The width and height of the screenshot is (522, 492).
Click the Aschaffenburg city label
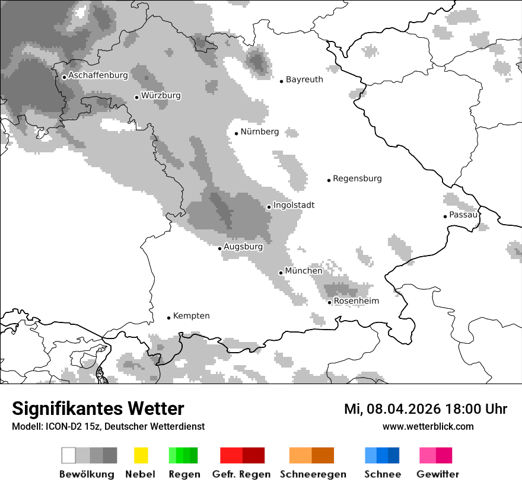pos(98,76)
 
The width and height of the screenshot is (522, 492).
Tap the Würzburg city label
pos(161,96)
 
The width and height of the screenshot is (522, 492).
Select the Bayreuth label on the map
pos(304,79)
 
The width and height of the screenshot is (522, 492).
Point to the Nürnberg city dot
pos(236,133)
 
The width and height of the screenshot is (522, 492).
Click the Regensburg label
pos(357,178)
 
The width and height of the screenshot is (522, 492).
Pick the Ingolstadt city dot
pos(269,207)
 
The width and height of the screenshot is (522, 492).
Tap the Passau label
pos(463,215)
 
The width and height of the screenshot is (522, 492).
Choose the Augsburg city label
pos(243,247)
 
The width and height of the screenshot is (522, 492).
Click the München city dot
pos(281,273)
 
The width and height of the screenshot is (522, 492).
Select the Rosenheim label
pos(356,301)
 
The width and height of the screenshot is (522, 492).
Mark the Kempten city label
pos(191,316)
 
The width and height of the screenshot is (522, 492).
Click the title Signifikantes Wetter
pos(98,409)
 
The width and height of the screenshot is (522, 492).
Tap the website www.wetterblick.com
pos(428,426)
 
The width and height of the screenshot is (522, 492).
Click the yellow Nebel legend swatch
pos(141,455)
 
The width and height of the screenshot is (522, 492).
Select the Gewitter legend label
pos(437,474)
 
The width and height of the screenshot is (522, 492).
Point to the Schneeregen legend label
pos(313,474)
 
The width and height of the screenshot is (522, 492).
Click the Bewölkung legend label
pos(87,474)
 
